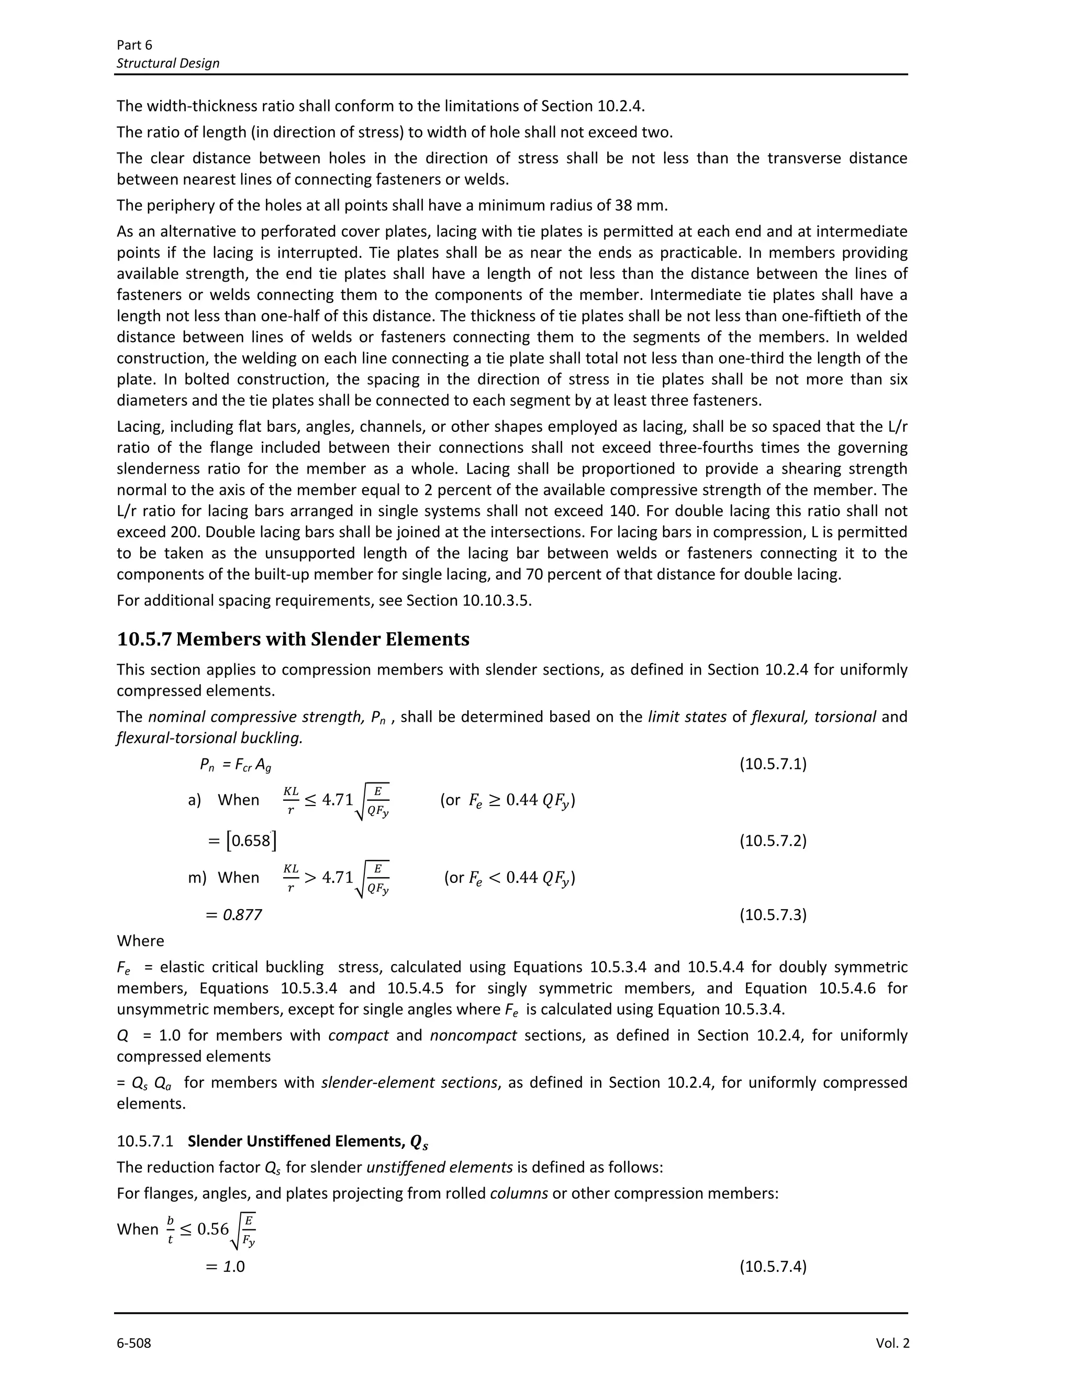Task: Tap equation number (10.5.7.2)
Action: (772, 841)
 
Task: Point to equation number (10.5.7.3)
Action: (772, 914)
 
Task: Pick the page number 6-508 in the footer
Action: (134, 1343)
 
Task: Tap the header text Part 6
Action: (135, 44)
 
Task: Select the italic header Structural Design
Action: (169, 63)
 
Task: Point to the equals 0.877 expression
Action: (233, 914)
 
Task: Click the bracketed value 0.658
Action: (251, 841)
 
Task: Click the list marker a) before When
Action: (194, 800)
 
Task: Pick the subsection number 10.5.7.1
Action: (145, 1141)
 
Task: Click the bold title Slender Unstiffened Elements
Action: (307, 1141)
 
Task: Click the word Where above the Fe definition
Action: (140, 941)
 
